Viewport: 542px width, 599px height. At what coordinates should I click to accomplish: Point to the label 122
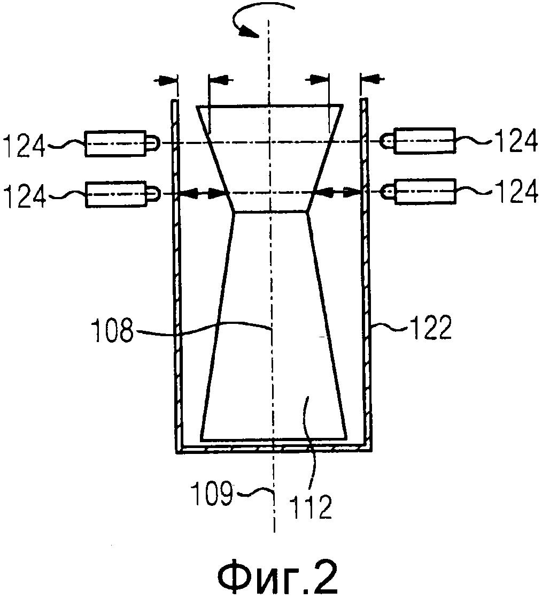coord(431,328)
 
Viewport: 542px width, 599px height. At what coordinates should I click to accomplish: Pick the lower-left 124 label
coord(24,195)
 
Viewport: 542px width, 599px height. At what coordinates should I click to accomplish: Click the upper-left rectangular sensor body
coord(115,143)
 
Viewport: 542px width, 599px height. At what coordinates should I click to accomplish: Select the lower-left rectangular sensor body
coord(116,194)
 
